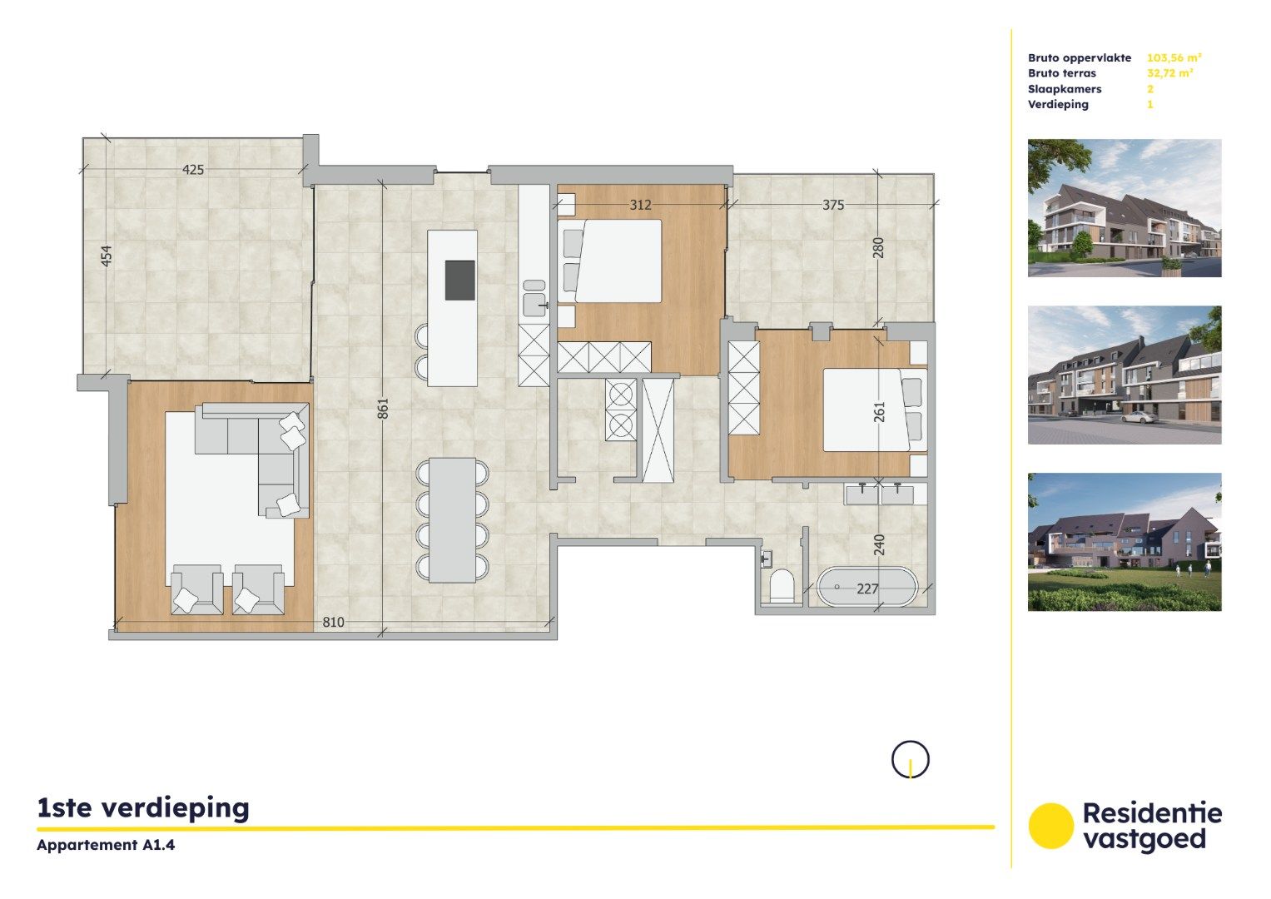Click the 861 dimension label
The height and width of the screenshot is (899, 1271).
point(383,408)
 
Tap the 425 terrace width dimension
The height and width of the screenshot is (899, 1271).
point(193,170)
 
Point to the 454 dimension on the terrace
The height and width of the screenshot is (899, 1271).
point(106,256)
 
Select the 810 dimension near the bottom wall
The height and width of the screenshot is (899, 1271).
point(333,622)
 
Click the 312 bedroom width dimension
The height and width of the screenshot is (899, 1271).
point(640,205)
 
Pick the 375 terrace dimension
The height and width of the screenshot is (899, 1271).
point(833,205)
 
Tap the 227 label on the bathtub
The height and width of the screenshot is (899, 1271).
point(867,589)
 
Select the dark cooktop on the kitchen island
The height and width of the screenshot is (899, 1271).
point(460,280)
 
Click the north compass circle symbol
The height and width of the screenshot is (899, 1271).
point(911,759)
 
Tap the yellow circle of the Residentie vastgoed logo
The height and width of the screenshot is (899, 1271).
point(1051,826)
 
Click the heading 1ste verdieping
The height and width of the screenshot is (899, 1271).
point(143,807)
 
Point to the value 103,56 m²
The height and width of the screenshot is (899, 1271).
point(1174,58)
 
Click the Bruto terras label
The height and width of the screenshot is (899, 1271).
point(1061,73)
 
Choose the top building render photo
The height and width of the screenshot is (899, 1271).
point(1125,208)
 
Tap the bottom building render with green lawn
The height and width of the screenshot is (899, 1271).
point(1125,542)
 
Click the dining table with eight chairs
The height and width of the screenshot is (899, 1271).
point(452,520)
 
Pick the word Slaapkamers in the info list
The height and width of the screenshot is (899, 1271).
point(1065,89)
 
